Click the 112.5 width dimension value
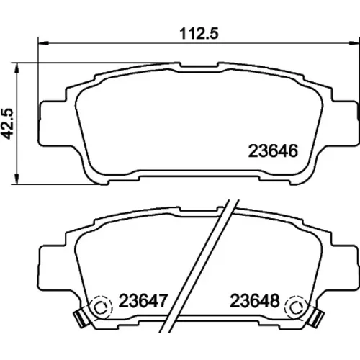coord(199,33)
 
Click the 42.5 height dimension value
coord(8,124)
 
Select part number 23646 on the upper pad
coord(273,151)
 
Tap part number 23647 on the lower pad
coord(143,301)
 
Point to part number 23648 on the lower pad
coord(255,301)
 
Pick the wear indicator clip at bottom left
coord(81,318)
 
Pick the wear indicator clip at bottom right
coord(318,318)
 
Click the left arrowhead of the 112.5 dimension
coord(43,43)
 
